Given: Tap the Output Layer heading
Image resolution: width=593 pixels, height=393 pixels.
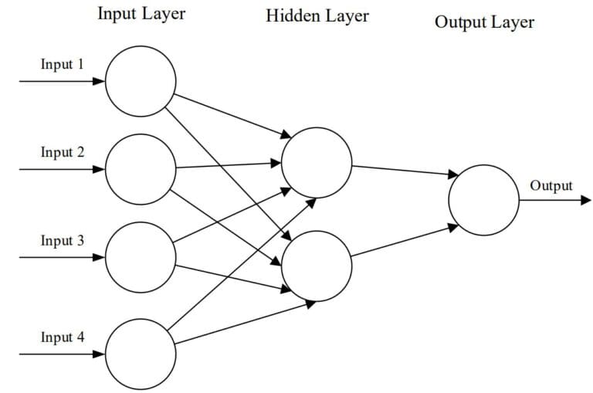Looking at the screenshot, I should (484, 22).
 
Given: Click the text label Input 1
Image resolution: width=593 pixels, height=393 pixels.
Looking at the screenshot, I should (63, 64).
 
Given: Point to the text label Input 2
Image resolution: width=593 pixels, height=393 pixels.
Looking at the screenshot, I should (63, 152).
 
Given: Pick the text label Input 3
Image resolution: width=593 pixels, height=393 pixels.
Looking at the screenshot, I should (63, 241).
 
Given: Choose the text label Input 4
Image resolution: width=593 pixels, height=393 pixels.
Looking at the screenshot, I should (63, 337).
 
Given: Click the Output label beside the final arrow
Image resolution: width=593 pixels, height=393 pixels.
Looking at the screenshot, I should (551, 185).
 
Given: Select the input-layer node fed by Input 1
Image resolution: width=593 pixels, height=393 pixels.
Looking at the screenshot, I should (141, 80).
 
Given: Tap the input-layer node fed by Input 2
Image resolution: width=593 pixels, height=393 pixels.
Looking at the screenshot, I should (141, 169).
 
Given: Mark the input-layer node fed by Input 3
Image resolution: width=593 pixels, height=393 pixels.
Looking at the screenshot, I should (141, 258).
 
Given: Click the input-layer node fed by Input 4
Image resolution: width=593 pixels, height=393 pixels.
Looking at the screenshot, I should (141, 354).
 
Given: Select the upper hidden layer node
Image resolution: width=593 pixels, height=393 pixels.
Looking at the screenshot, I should (317, 163).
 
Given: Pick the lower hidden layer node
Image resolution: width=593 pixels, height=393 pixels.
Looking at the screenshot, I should (317, 266).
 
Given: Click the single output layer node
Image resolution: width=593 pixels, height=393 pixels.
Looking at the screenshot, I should (484, 200).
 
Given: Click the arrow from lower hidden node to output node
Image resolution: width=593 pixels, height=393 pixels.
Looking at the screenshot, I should (402, 242).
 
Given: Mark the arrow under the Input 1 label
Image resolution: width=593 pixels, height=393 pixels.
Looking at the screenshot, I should (62, 80).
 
